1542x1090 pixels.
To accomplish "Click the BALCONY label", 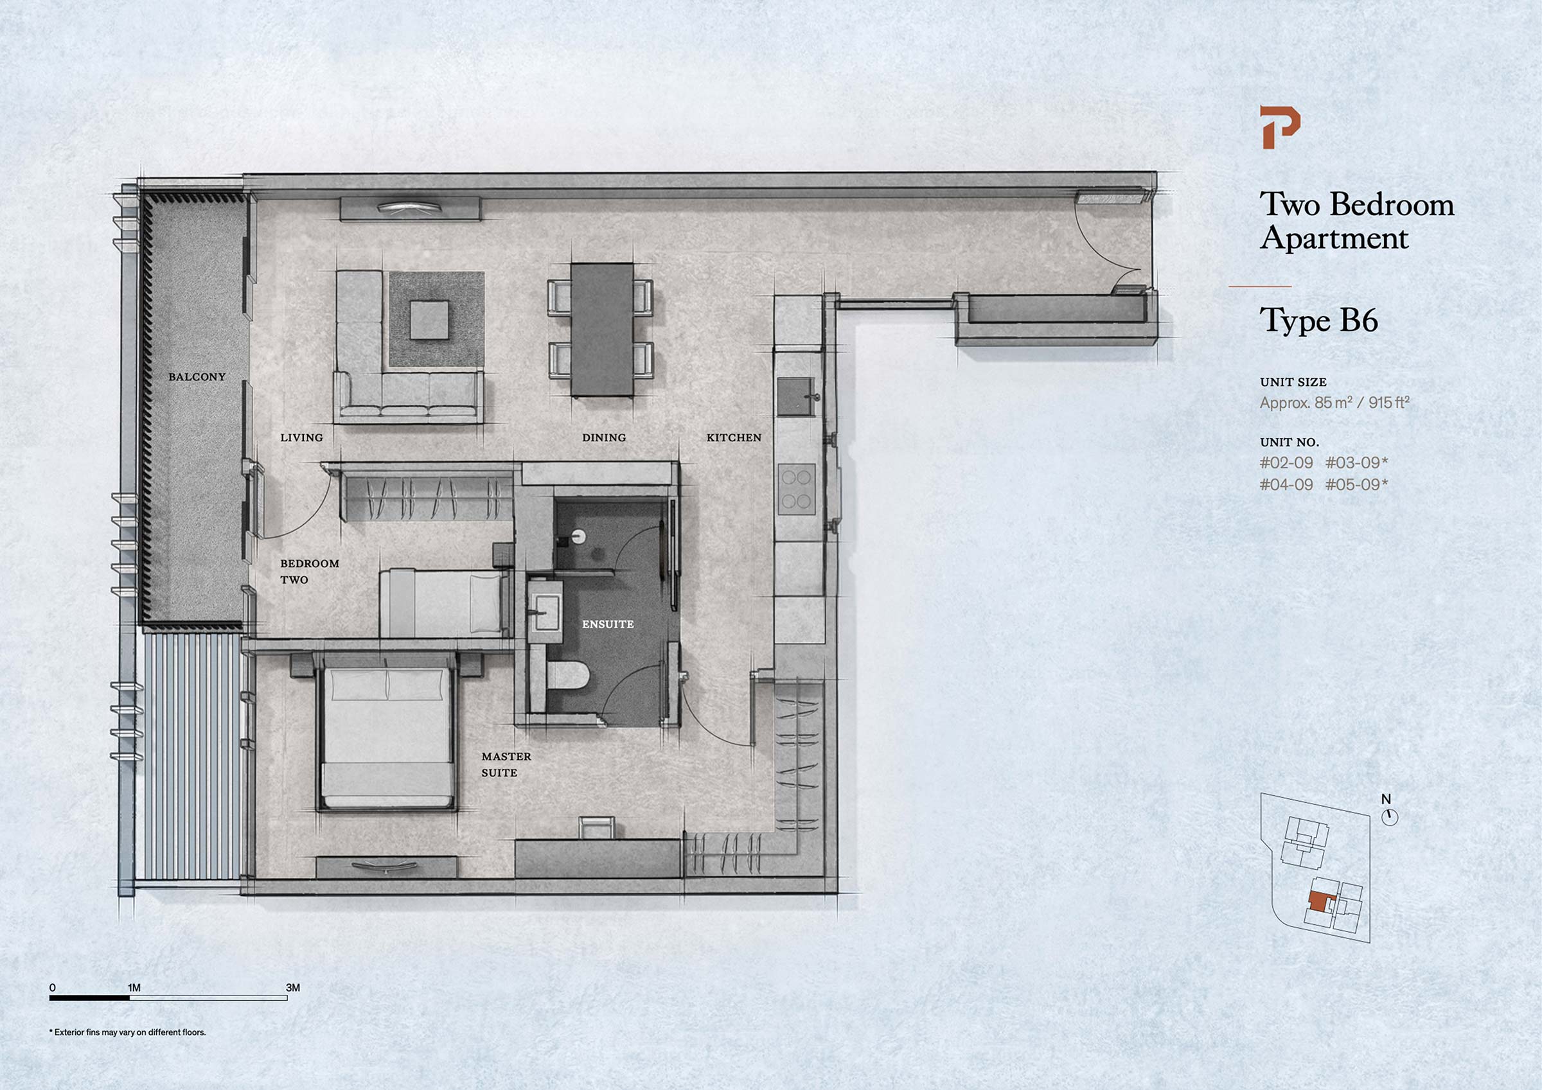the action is click(x=197, y=377).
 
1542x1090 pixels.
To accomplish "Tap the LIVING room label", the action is click(x=301, y=437).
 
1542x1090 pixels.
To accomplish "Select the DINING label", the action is click(x=604, y=437).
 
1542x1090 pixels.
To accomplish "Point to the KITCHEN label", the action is click(x=734, y=437).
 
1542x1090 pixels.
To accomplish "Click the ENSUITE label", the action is click(x=608, y=624).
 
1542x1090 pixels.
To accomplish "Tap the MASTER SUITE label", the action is click(x=506, y=764).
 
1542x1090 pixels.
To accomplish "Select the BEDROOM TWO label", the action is click(x=310, y=572).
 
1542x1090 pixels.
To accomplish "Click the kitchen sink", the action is click(x=797, y=397).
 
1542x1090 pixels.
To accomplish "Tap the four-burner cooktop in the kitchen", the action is click(x=797, y=489).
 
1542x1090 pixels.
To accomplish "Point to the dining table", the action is click(x=602, y=329).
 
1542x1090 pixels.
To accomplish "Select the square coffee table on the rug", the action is click(x=429, y=320).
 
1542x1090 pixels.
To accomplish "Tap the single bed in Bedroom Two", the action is click(x=443, y=602).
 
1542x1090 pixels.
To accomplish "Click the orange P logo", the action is click(x=1279, y=127).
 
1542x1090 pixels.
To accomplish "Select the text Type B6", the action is click(x=1318, y=321).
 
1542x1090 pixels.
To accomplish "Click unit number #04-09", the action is click(x=1286, y=484).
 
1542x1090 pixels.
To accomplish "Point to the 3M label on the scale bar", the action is click(x=293, y=987).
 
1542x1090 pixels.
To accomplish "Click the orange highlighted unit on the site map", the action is click(x=1318, y=902).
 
